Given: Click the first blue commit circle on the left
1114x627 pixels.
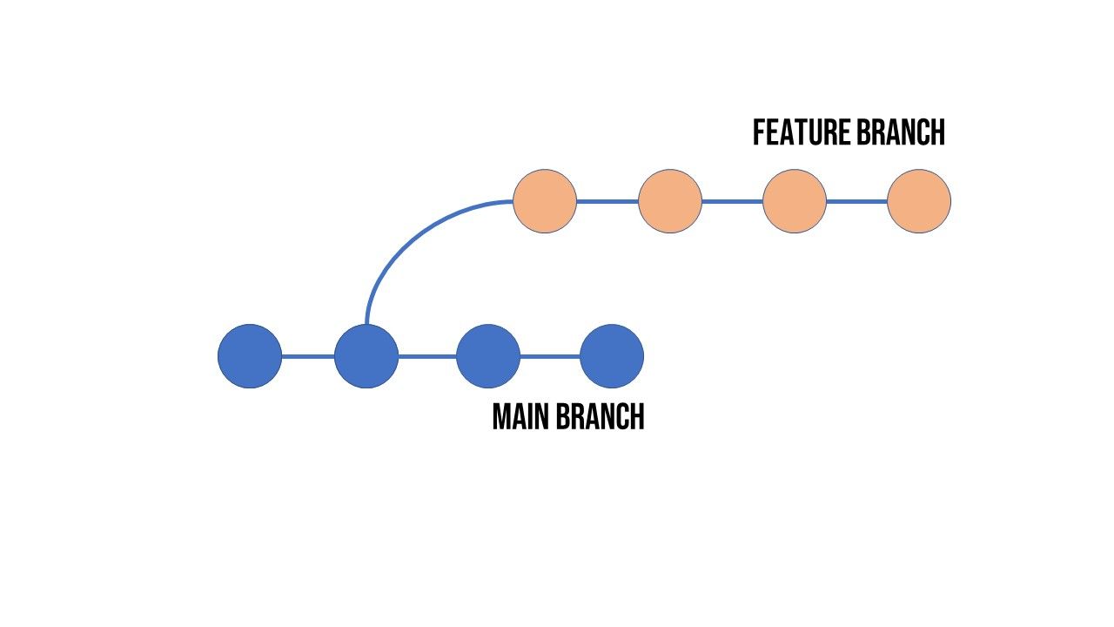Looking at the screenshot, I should pos(250,356).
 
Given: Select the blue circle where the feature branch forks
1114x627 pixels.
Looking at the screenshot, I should pos(366,356).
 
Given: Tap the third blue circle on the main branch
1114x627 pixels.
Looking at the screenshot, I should pos(488,356).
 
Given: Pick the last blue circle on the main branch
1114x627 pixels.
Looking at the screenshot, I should pos(612,356).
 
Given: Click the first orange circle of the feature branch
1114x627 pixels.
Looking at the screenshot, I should pos(545,201).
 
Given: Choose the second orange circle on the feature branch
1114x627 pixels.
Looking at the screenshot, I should pos(670,201).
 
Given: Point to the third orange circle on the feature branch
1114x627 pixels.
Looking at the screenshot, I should pos(795,201).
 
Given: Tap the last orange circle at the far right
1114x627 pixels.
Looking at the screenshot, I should pos(919,201).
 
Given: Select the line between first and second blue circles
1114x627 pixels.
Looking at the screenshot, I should pos(308,356).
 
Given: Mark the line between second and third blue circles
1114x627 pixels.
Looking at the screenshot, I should pos(427,356).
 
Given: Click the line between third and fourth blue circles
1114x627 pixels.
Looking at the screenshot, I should pos(550,356).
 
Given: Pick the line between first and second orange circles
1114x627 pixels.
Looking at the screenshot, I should pos(607,201).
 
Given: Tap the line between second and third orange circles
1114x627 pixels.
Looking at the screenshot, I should pos(732,201).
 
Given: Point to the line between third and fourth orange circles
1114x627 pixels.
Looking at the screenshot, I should pos(856,201).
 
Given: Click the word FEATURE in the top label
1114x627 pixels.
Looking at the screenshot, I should pos(801,133).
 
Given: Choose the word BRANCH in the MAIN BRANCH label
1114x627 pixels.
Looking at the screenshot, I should pos(600,417).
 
